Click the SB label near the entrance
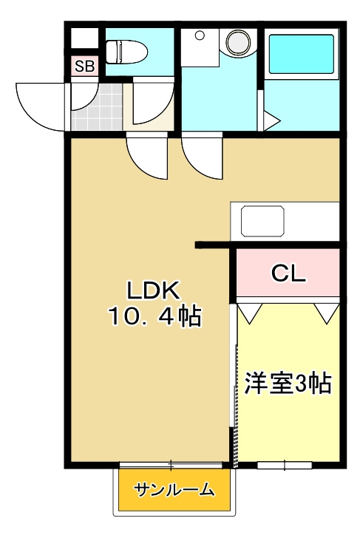(x=84, y=67)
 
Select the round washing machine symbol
(x=238, y=40)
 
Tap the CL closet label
(x=288, y=273)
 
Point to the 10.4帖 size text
(x=155, y=317)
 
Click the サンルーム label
(x=174, y=489)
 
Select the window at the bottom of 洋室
(x=285, y=465)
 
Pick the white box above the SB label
(x=84, y=38)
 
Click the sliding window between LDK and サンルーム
(x=170, y=465)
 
